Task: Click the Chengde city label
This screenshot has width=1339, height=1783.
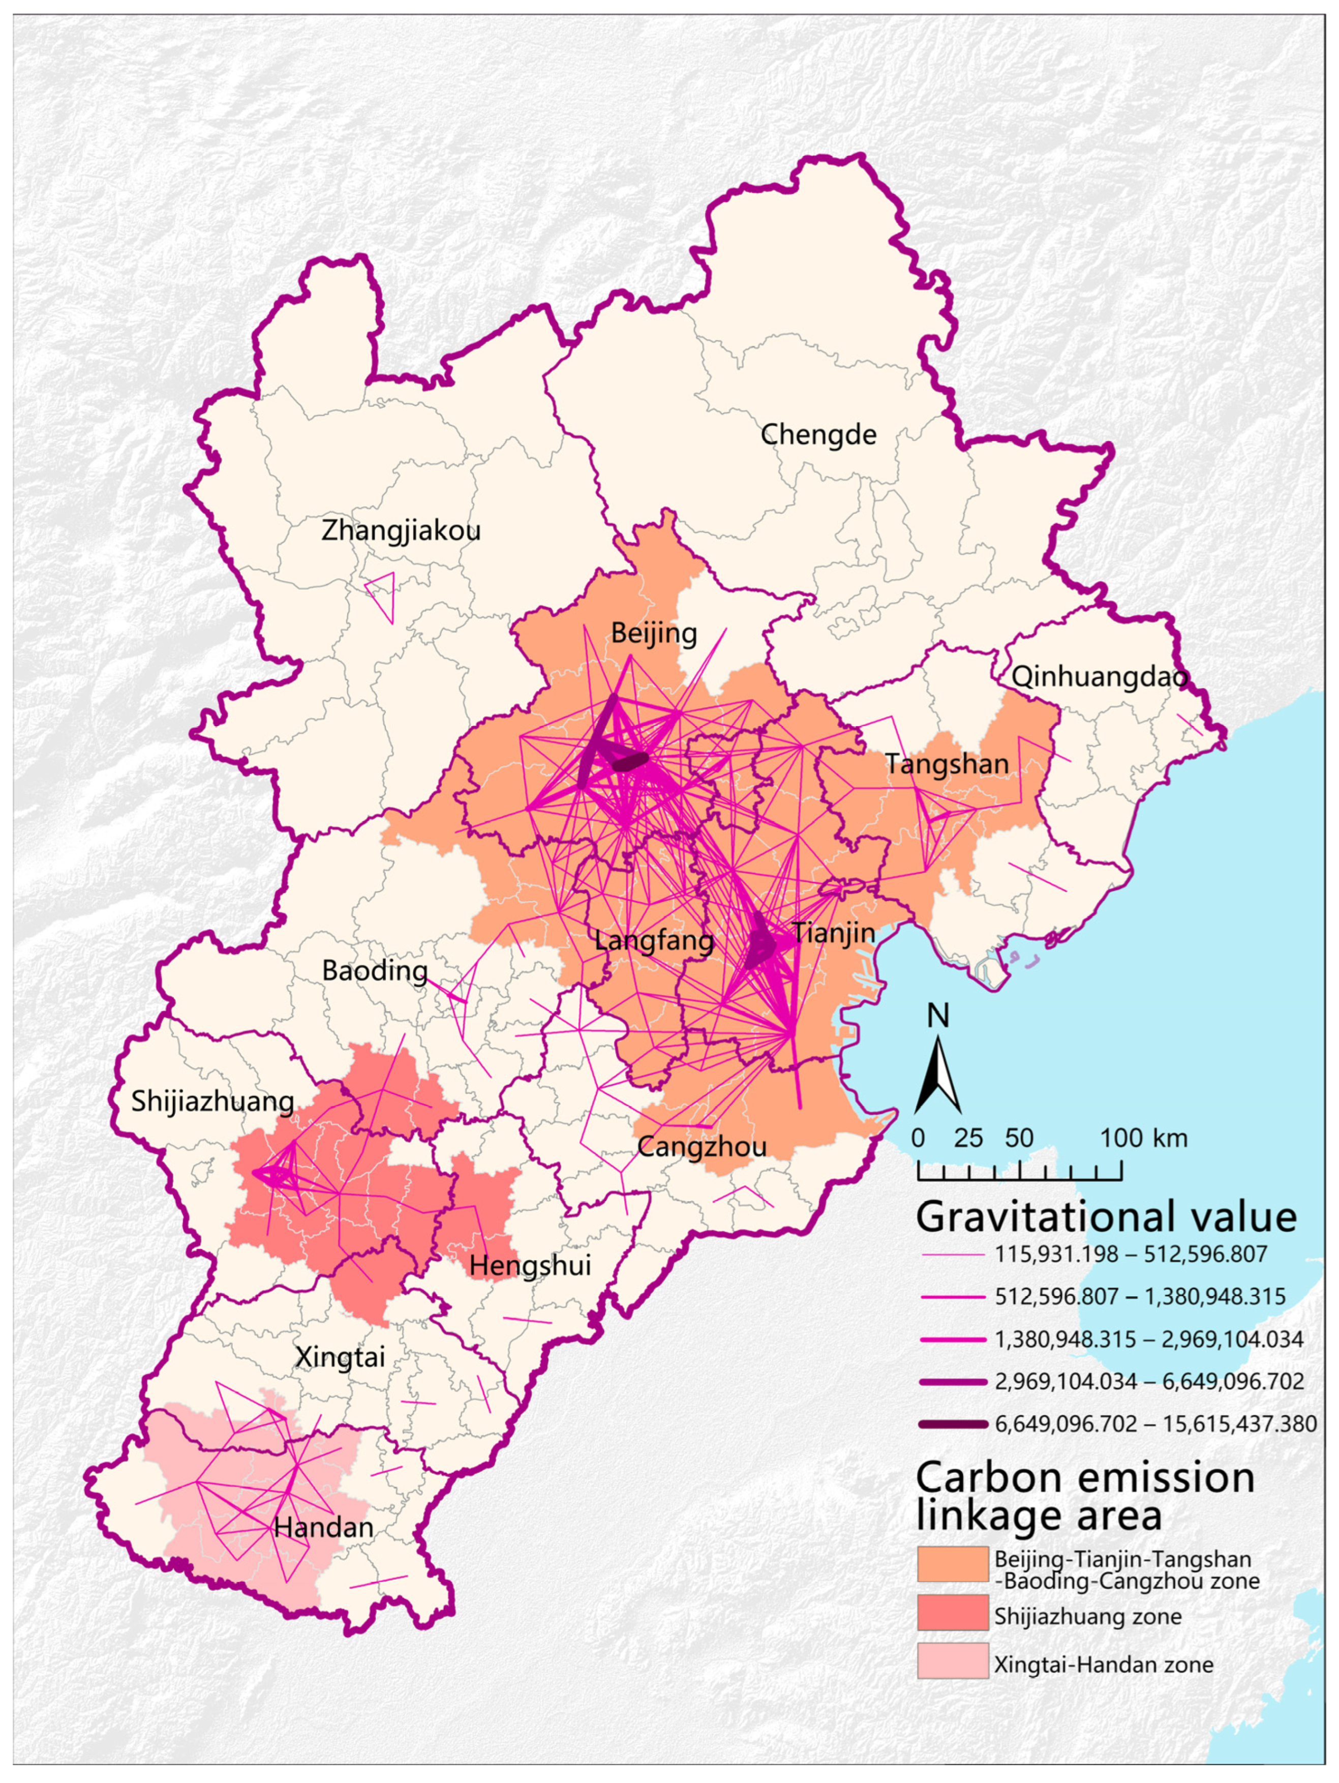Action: click(x=818, y=435)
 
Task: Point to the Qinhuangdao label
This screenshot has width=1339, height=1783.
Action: click(x=1100, y=677)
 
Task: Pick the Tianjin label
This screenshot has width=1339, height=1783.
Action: click(x=833, y=933)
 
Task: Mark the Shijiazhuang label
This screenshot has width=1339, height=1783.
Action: click(x=212, y=1101)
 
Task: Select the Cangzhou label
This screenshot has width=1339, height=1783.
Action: click(x=702, y=1146)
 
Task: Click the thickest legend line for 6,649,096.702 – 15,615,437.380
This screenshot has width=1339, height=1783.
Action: click(x=952, y=1424)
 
